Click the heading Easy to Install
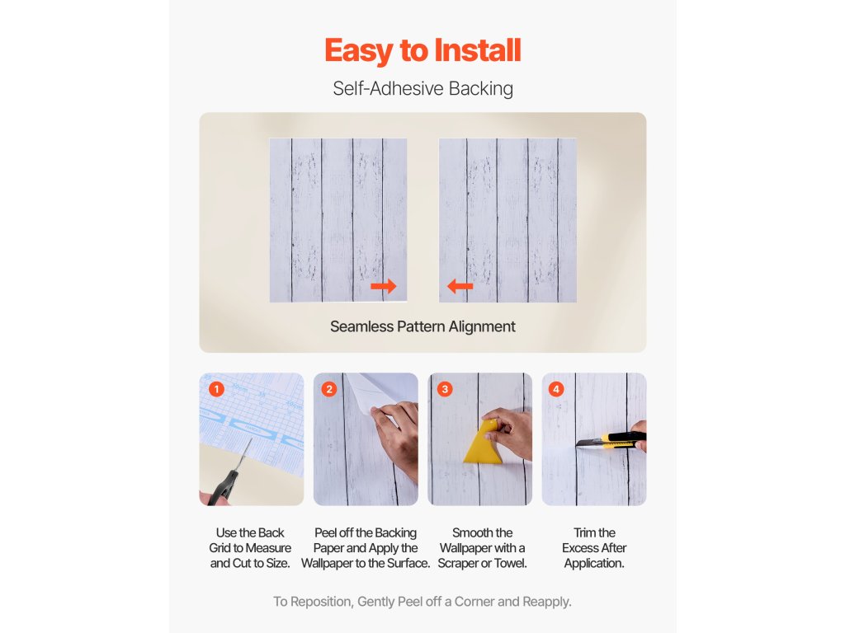422,50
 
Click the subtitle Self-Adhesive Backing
422,89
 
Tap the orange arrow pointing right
384,286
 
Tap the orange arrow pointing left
460,286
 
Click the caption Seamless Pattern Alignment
422,326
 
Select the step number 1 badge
217,389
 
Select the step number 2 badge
329,389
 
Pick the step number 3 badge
445,389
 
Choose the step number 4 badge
556,389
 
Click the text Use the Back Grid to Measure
250,540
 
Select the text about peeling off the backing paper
366,548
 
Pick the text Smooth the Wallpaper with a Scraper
482,548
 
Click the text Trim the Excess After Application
594,548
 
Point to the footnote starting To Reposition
422,602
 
